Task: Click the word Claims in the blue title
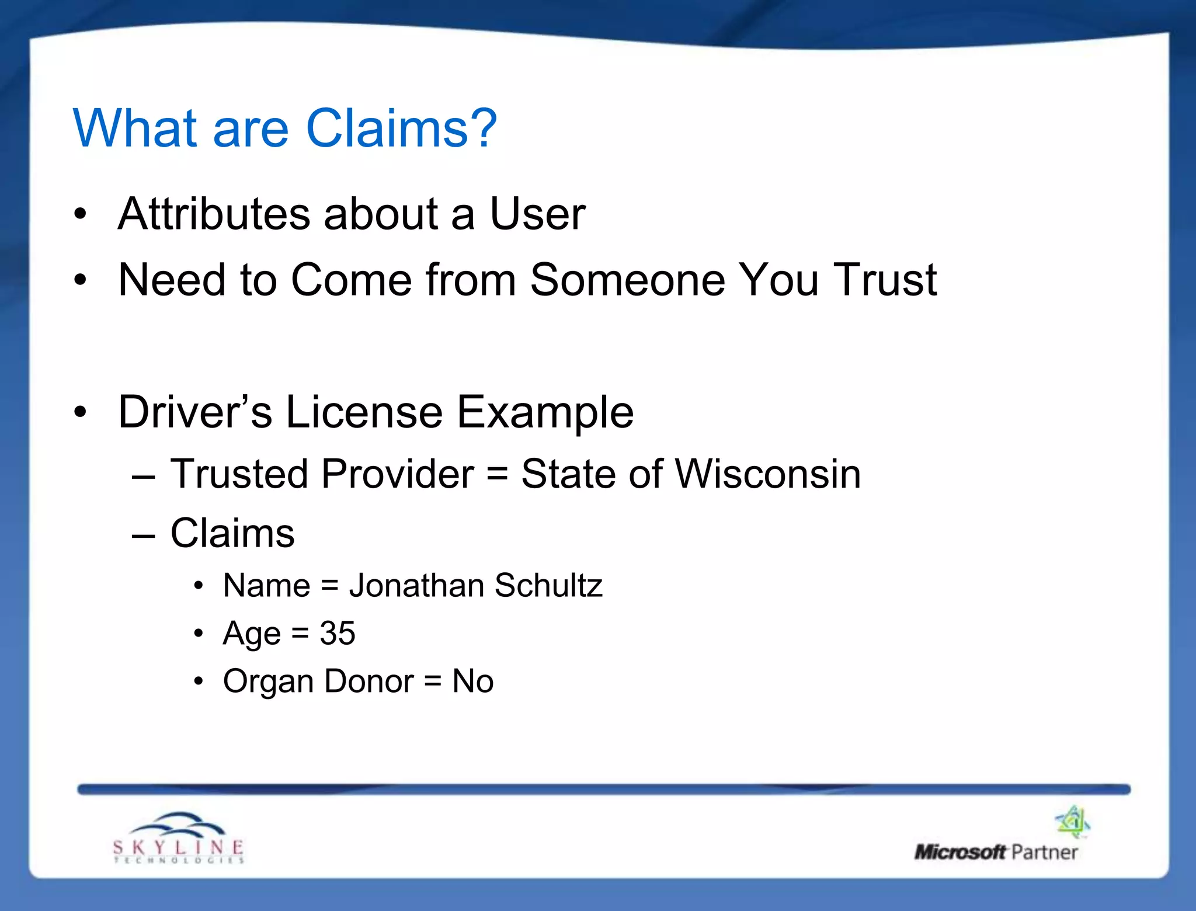click(387, 128)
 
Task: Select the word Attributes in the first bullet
click(214, 214)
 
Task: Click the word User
click(537, 214)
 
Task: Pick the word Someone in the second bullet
click(627, 280)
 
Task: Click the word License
click(364, 412)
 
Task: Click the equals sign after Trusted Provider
click(497, 474)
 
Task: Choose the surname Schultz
click(548, 585)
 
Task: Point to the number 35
click(338, 633)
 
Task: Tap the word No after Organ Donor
click(473, 681)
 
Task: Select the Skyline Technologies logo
click(179, 837)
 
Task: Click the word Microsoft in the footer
click(960, 852)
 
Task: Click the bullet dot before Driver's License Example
click(81, 412)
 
